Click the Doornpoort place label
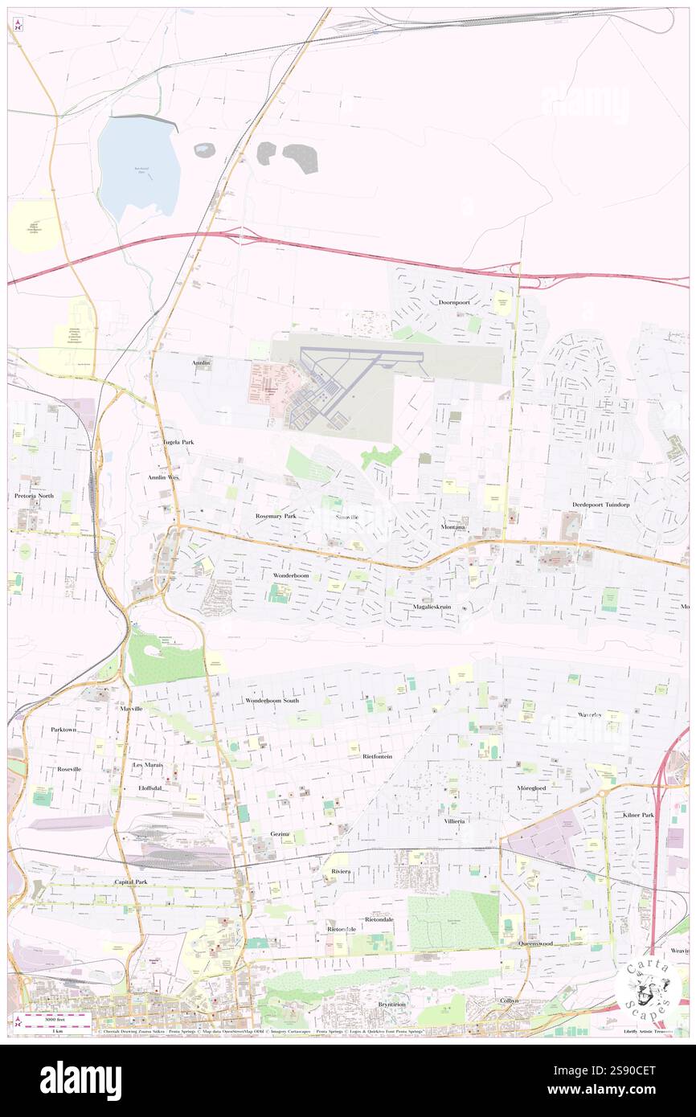(454, 303)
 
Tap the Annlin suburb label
(201, 363)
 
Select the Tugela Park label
(178, 442)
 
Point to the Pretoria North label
(34, 496)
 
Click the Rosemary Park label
(276, 515)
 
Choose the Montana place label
(453, 527)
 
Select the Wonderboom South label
(272, 701)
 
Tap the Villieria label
(455, 821)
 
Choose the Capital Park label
(130, 882)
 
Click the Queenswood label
(535, 943)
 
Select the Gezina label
(280, 834)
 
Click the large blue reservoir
(138, 169)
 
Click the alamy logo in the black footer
(80, 1080)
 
